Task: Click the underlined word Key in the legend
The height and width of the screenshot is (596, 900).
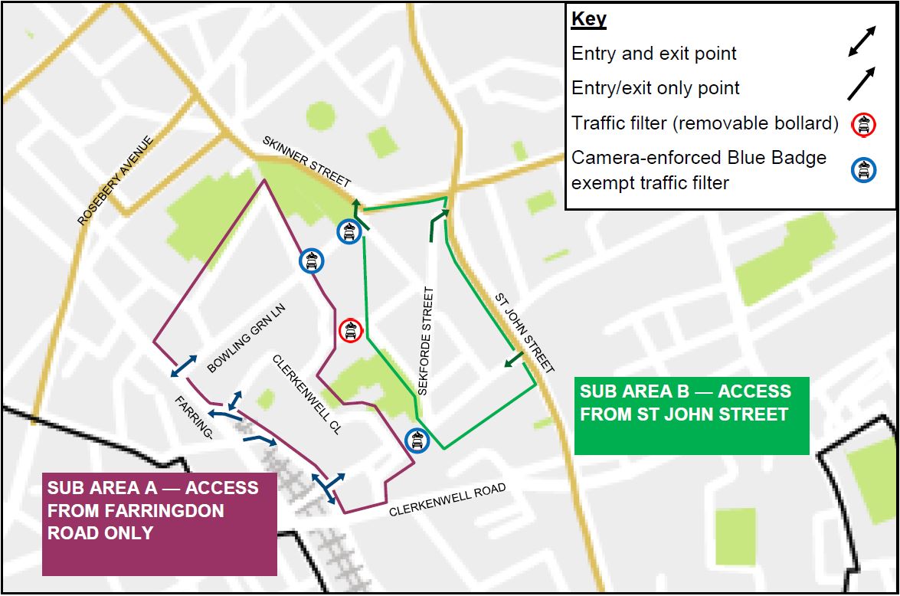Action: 588,19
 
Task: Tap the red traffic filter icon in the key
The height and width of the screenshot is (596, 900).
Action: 863,123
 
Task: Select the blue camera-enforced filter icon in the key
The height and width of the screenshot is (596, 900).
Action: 863,171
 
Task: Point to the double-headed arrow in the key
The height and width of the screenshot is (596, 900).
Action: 862,41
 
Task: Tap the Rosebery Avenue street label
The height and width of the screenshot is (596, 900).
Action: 116,181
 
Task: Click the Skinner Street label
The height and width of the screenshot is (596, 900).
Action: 306,162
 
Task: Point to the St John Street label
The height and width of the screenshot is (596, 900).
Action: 524,332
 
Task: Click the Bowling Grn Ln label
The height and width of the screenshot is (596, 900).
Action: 245,338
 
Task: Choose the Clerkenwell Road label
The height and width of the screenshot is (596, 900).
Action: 447,499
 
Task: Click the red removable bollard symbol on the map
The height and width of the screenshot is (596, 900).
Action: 350,331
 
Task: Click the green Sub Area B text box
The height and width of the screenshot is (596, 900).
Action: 691,414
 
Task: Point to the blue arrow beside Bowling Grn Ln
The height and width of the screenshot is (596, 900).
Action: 182,367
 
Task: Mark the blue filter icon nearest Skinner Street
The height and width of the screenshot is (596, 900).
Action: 349,231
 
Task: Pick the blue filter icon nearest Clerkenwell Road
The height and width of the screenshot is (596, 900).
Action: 417,440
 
